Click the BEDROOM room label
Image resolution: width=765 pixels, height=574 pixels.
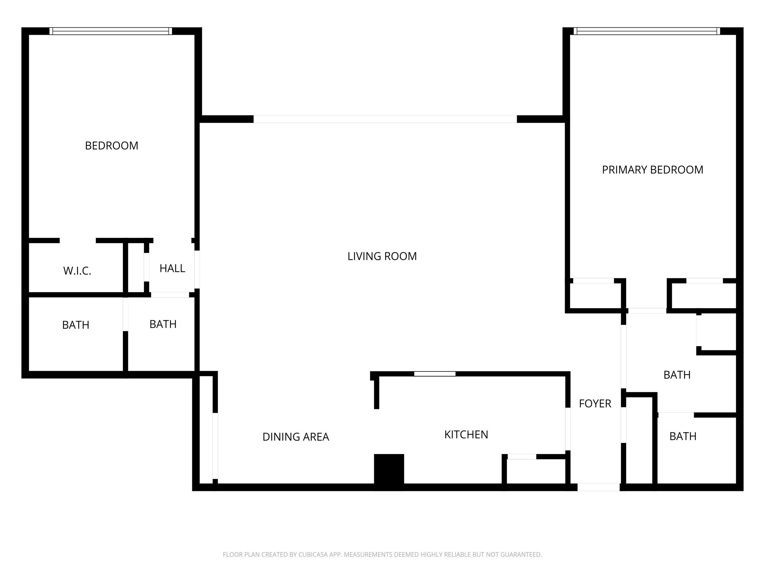point(111,146)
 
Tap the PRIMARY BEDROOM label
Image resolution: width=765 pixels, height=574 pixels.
point(652,170)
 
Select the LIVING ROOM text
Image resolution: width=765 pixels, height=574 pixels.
point(382,256)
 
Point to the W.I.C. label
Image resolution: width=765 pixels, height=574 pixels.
point(77,271)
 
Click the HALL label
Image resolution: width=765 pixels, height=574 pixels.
point(172,268)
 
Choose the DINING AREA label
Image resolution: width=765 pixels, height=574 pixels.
point(295,437)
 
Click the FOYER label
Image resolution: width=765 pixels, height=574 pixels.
point(595,403)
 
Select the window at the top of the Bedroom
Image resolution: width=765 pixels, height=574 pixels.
point(111,31)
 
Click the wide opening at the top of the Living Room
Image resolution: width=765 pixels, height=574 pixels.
point(385,119)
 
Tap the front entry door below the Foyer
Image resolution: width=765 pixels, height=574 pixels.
point(598,487)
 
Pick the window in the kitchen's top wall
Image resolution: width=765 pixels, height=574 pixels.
point(435,374)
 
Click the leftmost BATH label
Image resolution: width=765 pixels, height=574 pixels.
point(76,325)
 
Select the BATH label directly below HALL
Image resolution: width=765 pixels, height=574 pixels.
point(163,324)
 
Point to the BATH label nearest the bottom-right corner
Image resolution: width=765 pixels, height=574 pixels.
point(683,436)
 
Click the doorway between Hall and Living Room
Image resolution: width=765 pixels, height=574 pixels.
point(197,269)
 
